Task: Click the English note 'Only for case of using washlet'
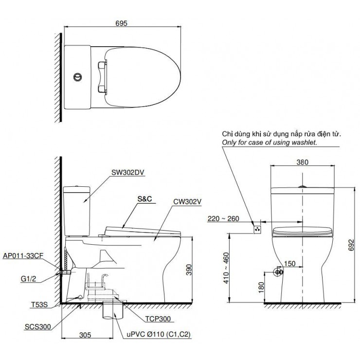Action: tap(269, 143)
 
